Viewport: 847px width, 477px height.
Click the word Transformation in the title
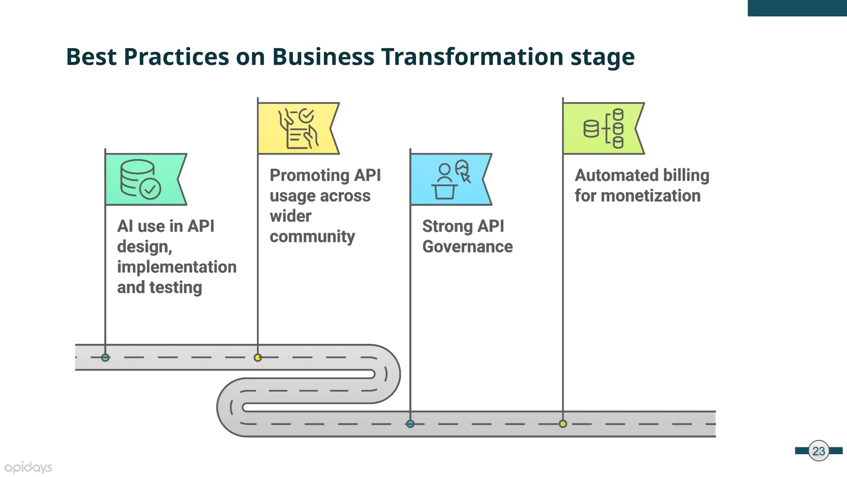pyautogui.click(x=472, y=57)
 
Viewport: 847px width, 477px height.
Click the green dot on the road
pyautogui.click(x=105, y=357)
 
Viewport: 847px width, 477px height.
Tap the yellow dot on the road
pyautogui.click(x=258, y=357)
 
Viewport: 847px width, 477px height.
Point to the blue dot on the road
pyautogui.click(x=410, y=424)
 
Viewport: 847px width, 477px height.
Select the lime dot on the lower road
pyautogui.click(x=563, y=424)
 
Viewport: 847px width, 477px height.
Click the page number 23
pyautogui.click(x=818, y=451)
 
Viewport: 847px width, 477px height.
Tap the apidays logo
pyautogui.click(x=28, y=467)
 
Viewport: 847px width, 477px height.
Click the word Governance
pyautogui.click(x=467, y=247)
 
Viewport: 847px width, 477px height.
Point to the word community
pyautogui.click(x=312, y=236)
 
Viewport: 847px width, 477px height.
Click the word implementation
pyautogui.click(x=177, y=267)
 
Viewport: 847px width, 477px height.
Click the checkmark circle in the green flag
pyautogui.click(x=150, y=189)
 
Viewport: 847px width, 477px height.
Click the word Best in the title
pyautogui.click(x=91, y=57)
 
